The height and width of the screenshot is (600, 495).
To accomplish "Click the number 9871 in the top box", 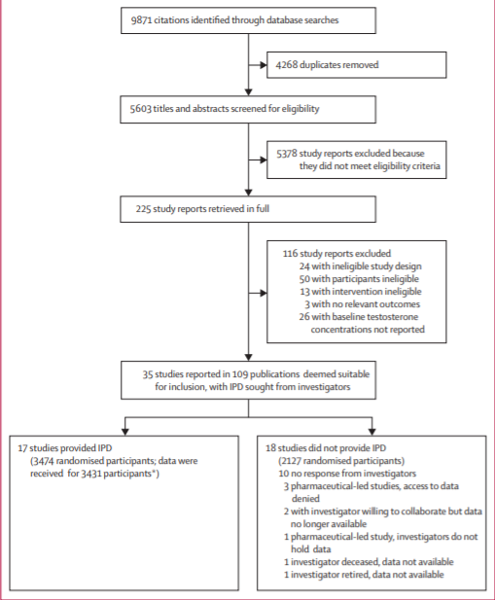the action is coord(141,19).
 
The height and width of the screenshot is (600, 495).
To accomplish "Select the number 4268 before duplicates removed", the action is coord(287,65).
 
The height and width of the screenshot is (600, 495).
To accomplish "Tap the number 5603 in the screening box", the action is coord(140,109).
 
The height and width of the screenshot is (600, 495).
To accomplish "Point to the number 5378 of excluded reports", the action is coord(287,154).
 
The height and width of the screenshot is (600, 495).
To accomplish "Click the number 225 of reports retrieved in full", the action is coord(143,209).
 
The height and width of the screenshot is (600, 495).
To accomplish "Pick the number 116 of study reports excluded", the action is coord(290,253).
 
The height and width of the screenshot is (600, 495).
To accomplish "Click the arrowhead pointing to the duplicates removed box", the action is coord(264,65).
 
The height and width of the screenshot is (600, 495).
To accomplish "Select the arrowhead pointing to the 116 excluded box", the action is coord(264,293).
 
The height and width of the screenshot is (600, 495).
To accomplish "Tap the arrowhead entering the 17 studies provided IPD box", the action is coord(125,432).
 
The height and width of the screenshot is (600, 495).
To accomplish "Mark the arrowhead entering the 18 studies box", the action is coord(371,432).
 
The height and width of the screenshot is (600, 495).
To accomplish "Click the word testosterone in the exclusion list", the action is coord(393,317).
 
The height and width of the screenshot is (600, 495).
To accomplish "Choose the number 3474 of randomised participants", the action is coord(43,461).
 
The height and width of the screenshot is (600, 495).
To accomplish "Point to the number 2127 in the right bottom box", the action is coord(291,461).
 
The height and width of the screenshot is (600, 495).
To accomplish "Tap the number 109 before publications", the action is coord(240,374).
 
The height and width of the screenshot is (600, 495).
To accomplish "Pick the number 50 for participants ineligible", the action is coord(304,279).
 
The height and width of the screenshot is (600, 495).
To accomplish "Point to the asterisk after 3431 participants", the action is coord(154,472).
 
